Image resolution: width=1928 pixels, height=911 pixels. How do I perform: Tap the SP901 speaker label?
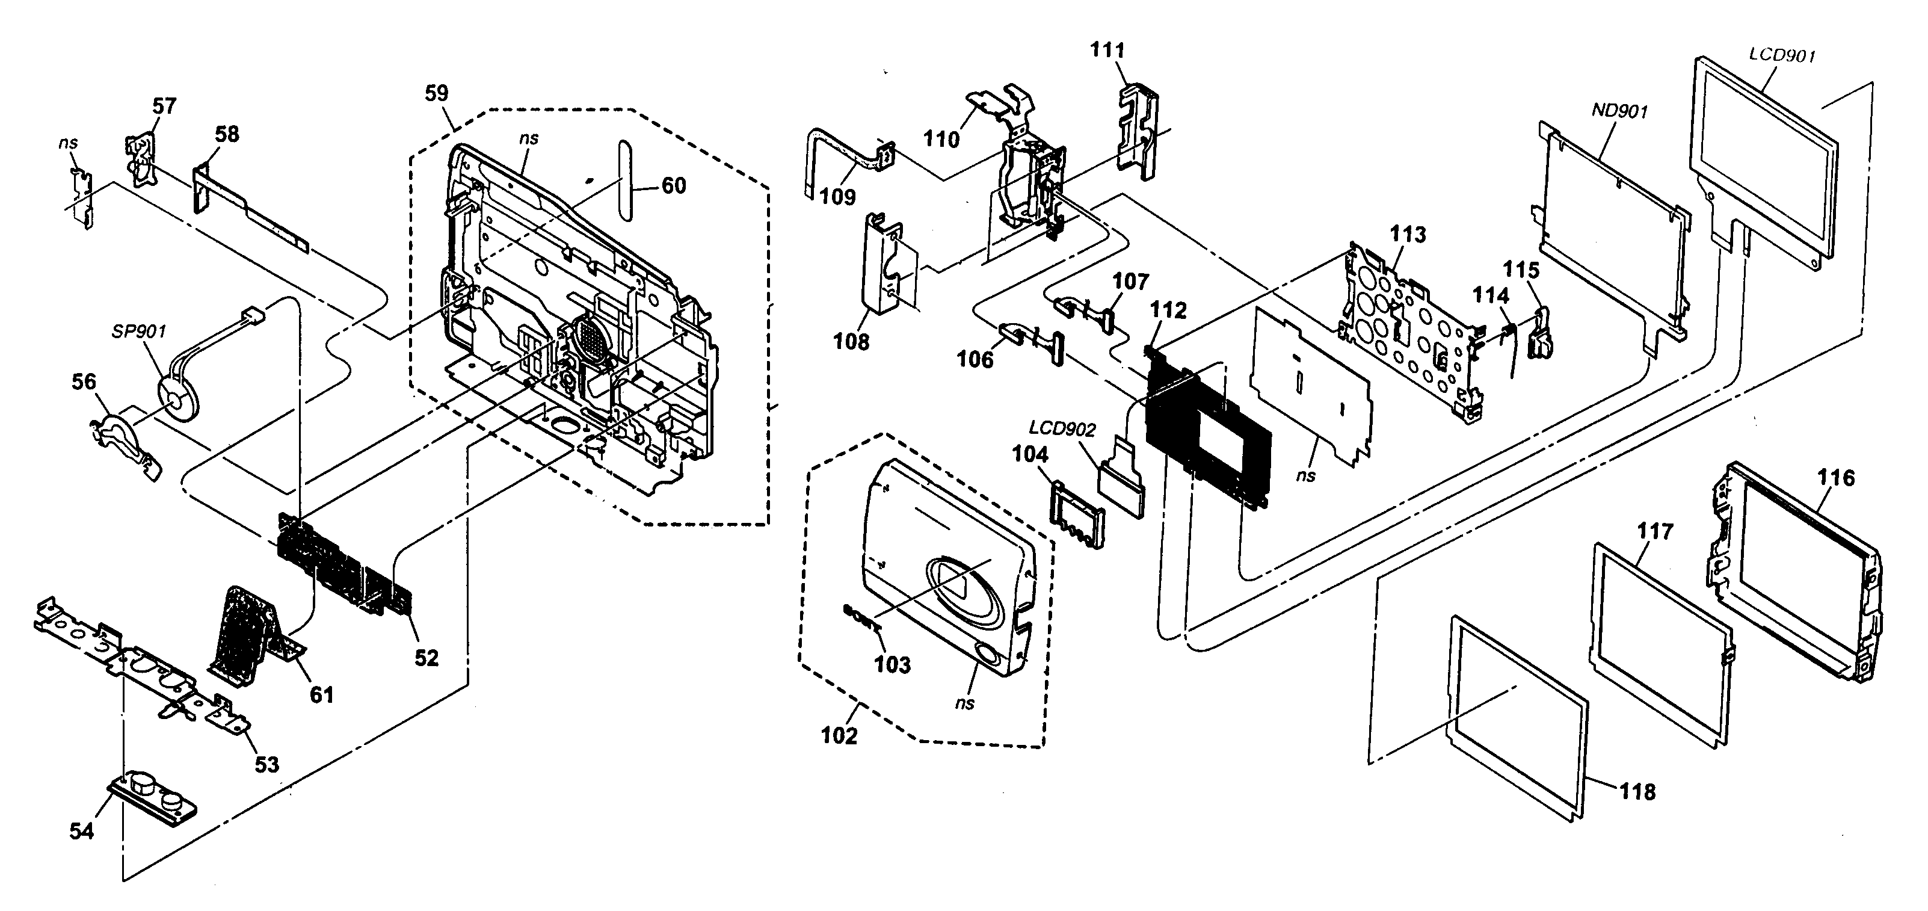click(138, 332)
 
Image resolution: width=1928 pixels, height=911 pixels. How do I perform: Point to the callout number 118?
click(1637, 791)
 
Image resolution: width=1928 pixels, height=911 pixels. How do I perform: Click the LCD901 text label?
click(1782, 55)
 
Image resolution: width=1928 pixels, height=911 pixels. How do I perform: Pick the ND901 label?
click(1619, 111)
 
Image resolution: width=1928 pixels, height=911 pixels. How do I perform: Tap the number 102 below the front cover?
click(839, 736)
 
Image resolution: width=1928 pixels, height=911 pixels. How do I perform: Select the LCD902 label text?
click(1062, 430)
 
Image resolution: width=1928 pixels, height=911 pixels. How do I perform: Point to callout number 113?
click(1408, 234)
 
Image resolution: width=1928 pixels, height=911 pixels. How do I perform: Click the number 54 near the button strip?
click(82, 831)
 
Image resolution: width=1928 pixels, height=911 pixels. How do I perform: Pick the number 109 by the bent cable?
click(837, 197)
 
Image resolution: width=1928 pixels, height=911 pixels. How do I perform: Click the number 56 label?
click(84, 381)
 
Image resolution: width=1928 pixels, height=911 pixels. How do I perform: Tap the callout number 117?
click(1655, 531)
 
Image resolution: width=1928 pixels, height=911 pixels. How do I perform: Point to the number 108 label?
click(851, 341)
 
